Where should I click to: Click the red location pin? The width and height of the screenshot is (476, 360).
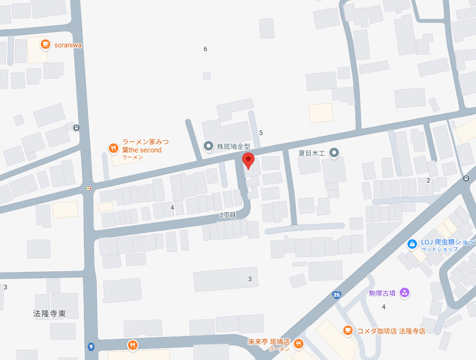248,160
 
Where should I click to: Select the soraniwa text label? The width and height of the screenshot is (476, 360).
68,46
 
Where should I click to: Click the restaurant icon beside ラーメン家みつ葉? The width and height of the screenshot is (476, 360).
113,148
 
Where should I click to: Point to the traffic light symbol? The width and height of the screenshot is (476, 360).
88,188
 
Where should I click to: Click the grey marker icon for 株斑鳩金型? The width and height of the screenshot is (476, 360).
209,146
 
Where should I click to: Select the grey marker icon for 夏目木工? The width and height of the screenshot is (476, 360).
335,153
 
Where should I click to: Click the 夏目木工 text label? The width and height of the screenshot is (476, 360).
312,153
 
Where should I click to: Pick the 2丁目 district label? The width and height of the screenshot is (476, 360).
228,215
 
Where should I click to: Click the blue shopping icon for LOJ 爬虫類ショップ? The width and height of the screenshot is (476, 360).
411,244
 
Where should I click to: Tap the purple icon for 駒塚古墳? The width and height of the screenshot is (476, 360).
405,292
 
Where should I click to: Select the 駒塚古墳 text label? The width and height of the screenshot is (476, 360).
382,293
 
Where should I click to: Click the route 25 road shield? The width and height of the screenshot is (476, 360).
337,294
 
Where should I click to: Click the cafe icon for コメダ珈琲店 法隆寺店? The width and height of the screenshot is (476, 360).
348,330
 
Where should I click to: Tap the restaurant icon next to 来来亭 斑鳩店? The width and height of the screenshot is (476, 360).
299,344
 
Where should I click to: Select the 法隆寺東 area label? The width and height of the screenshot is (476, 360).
49,314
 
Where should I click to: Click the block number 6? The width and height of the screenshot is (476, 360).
205,49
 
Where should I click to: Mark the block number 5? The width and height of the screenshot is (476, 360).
261,133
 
